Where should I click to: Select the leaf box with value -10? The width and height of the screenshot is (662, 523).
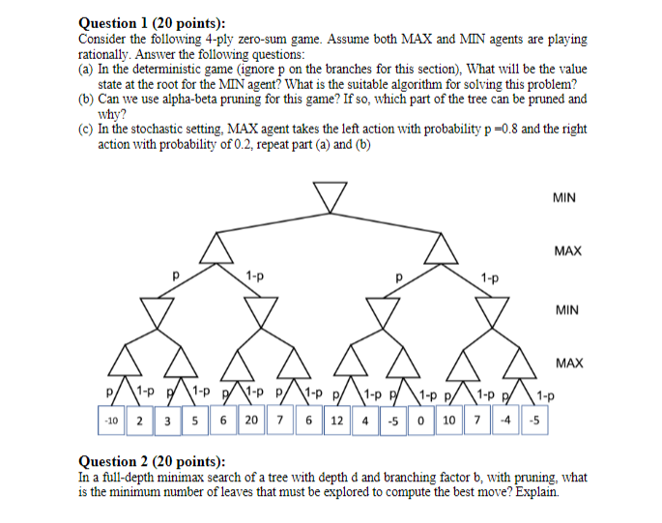click(x=111, y=421)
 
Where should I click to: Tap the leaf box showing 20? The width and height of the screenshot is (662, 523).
click(x=251, y=421)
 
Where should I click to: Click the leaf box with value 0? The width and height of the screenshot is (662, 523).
click(x=420, y=421)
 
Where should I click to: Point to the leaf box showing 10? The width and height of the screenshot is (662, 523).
click(x=449, y=421)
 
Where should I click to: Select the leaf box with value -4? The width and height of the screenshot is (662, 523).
click(x=505, y=421)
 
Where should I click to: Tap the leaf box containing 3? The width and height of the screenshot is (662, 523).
click(x=167, y=421)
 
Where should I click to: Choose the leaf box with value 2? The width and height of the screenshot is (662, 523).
click(x=140, y=421)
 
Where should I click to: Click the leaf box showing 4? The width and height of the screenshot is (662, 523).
click(x=364, y=421)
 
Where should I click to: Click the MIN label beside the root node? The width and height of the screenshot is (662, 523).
click(x=565, y=197)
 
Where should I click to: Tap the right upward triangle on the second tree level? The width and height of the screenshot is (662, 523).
click(x=444, y=250)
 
